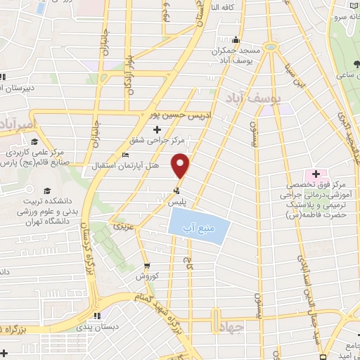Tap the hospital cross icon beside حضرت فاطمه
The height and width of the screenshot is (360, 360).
[x=316, y=174]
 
